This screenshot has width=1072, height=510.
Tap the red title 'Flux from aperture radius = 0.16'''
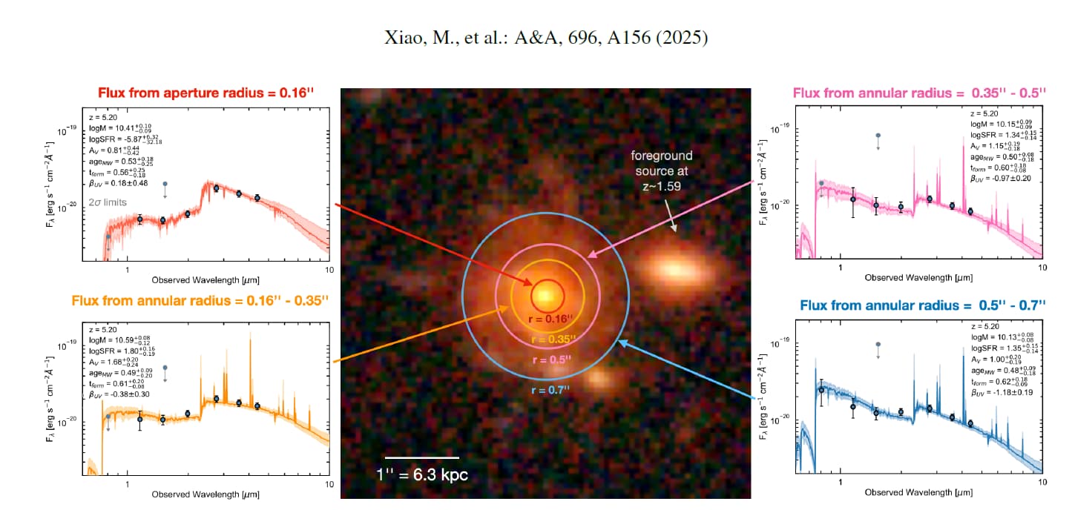tap(205, 93)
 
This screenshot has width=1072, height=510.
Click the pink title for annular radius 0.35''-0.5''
tap(918, 93)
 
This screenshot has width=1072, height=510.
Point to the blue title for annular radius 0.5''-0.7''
tap(923, 305)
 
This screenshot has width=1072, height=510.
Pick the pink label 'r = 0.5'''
tap(550, 360)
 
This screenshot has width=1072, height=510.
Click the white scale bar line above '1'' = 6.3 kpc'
tap(421, 457)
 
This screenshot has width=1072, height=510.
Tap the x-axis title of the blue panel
tap(918, 492)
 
